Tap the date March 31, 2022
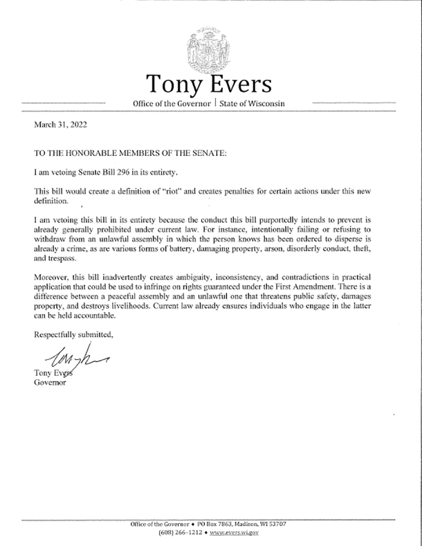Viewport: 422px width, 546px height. (x=60, y=126)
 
